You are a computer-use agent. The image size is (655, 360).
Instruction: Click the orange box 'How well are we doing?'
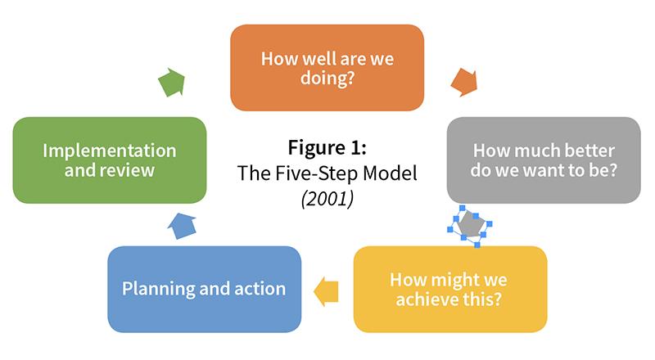pos(327,68)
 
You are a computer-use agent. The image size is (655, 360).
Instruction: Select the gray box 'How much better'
pos(544,160)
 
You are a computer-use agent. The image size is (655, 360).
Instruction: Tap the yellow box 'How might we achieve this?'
pos(450,290)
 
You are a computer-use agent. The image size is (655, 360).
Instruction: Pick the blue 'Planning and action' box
pos(204,290)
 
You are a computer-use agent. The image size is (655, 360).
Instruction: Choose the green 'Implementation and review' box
pos(110,160)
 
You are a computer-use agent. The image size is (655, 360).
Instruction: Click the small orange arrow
pos(464,83)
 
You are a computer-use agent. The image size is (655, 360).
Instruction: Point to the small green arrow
pos(172,82)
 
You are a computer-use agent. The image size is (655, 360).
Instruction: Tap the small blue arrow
pos(182,226)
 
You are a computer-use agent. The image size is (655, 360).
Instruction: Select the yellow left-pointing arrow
pos(326,291)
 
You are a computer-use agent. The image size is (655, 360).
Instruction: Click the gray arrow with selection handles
pos(470,225)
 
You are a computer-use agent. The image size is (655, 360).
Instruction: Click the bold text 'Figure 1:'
pos(327,147)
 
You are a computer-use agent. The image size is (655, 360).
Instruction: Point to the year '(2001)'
pos(327,198)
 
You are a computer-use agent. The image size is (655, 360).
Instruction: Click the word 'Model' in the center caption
pos(390,173)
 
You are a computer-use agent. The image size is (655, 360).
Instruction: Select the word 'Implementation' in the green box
pos(110,151)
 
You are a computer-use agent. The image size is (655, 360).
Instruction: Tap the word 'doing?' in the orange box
pos(327,78)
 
